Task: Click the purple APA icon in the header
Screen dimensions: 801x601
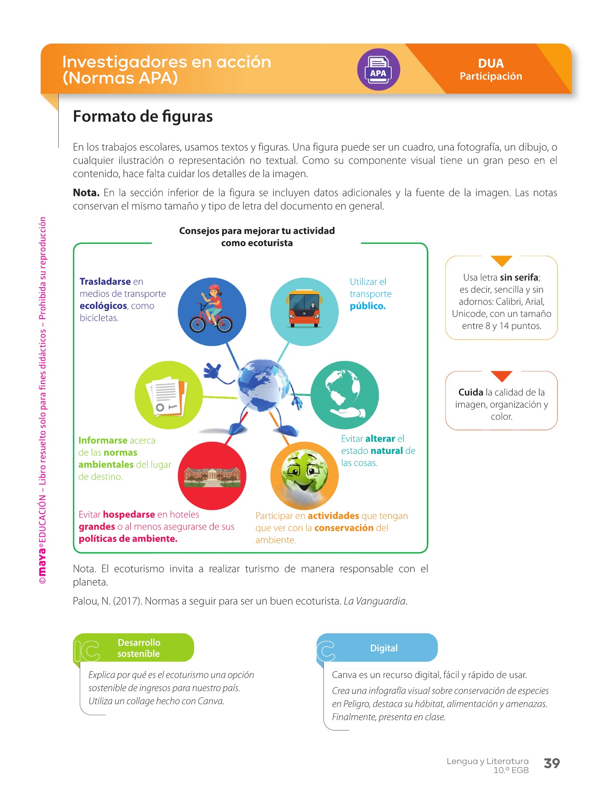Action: tap(378, 70)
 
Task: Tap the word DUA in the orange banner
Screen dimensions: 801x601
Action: tap(491, 63)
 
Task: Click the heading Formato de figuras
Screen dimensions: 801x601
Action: tap(142, 116)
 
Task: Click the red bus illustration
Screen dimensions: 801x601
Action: tap(305, 308)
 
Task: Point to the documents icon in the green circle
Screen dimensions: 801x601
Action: tap(168, 396)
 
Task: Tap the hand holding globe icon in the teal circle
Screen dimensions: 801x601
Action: tap(345, 395)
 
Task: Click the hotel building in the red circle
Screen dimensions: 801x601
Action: tap(212, 477)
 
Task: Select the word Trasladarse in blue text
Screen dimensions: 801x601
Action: tap(105, 282)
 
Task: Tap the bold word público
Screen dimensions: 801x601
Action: tap(367, 306)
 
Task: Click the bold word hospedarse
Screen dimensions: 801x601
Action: tap(129, 514)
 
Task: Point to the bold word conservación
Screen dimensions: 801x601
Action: tap(344, 528)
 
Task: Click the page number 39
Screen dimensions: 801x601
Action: tap(552, 763)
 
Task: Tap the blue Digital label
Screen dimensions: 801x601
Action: tap(383, 648)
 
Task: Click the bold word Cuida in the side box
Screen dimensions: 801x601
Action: tap(471, 392)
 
